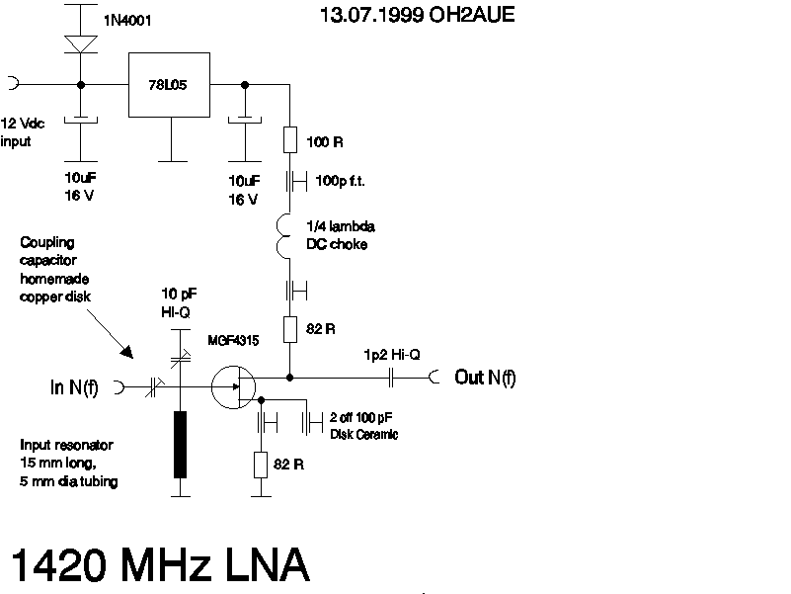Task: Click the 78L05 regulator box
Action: tap(171, 85)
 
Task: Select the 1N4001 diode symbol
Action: tap(79, 44)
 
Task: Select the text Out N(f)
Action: tap(485, 377)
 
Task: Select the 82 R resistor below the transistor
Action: tap(261, 464)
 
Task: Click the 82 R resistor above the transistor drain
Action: tap(290, 328)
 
